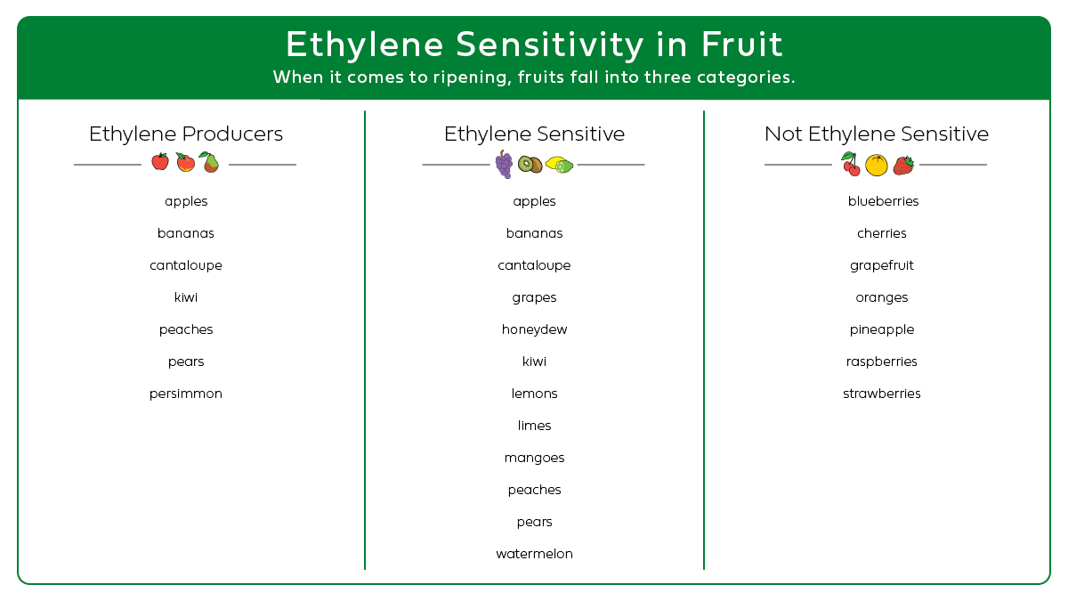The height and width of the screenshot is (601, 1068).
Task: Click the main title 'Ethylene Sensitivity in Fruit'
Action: [534, 45]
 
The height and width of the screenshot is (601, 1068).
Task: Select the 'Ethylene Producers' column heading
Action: [186, 134]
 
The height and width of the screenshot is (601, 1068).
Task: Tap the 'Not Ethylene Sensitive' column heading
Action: [877, 134]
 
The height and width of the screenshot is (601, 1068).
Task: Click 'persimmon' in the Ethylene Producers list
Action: [186, 394]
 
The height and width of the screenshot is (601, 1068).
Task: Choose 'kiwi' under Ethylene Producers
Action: [186, 297]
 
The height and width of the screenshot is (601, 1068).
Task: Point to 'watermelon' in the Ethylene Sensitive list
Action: [534, 554]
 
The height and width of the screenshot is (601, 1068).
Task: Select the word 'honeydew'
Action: [534, 329]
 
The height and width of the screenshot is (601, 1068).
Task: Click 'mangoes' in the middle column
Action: [534, 458]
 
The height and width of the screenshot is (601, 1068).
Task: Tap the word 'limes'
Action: [534, 426]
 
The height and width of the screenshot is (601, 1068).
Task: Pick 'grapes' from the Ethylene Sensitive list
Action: [534, 297]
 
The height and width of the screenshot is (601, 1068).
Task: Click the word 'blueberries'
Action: [883, 201]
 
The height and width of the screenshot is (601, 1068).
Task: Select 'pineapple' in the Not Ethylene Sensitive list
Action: [882, 329]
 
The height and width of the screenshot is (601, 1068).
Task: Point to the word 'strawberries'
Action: [882, 394]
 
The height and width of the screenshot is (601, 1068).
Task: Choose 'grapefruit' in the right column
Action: [882, 265]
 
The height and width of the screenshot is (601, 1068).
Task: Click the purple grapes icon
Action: [504, 165]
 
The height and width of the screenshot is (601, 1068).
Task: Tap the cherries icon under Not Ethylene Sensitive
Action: [851, 164]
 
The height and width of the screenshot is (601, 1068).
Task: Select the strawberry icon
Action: [903, 165]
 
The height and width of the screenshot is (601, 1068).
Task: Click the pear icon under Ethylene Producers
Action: [209, 162]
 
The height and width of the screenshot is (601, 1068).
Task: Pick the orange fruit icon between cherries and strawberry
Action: [877, 165]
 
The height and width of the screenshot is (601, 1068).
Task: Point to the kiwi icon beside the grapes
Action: [530, 164]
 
